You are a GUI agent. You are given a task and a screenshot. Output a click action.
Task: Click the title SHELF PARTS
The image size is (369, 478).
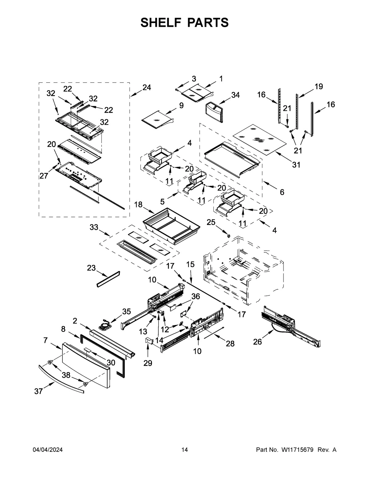click(184, 22)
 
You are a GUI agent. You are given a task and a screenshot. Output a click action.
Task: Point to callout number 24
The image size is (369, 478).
click(147, 87)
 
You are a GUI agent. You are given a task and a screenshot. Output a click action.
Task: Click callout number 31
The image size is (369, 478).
click(296, 165)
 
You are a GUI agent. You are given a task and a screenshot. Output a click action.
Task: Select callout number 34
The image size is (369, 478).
click(235, 95)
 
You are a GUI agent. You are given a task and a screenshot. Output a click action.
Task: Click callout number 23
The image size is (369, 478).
click(91, 268)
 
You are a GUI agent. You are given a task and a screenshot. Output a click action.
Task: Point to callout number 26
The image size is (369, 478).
click(257, 342)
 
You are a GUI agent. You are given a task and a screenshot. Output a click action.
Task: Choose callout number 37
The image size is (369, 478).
click(38, 391)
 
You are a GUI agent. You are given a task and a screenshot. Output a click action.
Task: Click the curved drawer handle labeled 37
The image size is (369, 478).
click(61, 379)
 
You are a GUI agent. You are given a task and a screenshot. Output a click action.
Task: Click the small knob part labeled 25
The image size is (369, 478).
click(228, 235)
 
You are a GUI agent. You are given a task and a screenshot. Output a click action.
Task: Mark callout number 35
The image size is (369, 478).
click(126, 311)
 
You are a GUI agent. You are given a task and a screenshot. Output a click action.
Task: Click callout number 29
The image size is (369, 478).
click(148, 363)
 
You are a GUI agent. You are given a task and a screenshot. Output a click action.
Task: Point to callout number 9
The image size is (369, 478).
click(181, 105)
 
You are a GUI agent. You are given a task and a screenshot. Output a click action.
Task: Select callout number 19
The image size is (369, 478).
click(319, 86)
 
